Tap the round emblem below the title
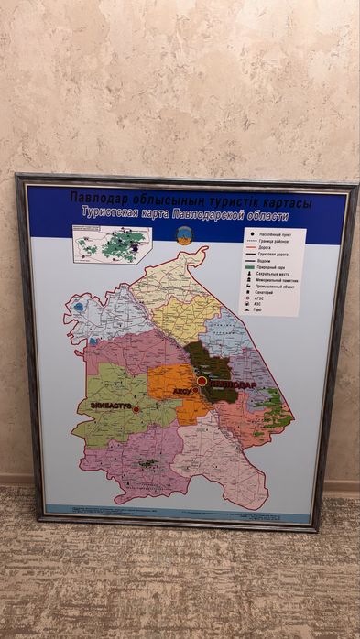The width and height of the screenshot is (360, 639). [186, 235]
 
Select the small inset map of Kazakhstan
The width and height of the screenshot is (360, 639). [111, 244]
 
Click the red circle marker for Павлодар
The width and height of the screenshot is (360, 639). [201, 381]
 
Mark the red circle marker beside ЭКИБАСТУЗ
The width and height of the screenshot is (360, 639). [136, 409]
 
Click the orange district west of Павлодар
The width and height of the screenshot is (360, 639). [169, 381]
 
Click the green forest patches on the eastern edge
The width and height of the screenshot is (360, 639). [273, 403]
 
